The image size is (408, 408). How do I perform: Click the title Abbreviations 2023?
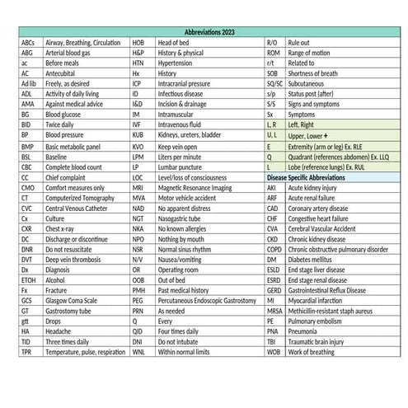coord(204,30)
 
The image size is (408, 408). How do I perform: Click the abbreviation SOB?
coord(273,76)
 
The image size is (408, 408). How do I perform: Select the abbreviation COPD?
coord(274,246)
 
